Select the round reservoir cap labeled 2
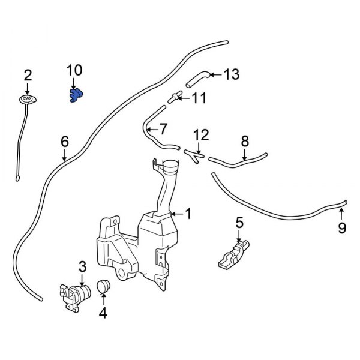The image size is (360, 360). (x=27, y=99)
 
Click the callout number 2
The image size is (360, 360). (x=27, y=75)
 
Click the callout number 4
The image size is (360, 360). (x=103, y=313)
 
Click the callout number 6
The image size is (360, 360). (x=65, y=142)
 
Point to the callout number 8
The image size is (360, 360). (x=244, y=142)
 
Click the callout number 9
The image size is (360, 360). (x=342, y=227)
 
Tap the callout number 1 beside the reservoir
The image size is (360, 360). (x=188, y=214)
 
